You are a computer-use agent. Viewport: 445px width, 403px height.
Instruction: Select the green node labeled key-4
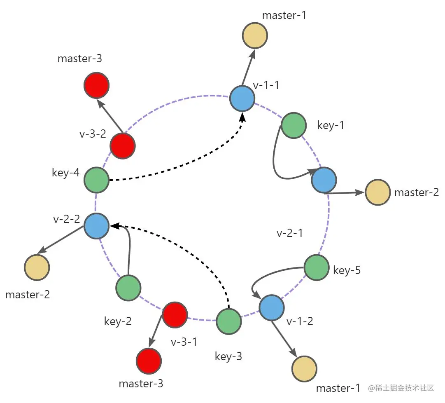[x=96, y=180]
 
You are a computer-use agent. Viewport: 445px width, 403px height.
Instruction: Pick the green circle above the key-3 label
[x=228, y=321]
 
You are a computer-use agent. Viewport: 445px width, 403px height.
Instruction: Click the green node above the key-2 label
[x=128, y=288]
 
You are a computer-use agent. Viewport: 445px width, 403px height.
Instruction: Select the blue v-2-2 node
[x=96, y=226]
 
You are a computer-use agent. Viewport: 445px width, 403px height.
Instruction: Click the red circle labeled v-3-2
[x=123, y=145]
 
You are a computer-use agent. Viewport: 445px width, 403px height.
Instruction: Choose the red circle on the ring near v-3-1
[x=175, y=315]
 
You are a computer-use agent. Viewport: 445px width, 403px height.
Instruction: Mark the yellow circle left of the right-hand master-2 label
[x=377, y=192]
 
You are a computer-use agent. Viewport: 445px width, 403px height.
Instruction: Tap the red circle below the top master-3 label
[x=96, y=85]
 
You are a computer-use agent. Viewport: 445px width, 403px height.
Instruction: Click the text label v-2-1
[x=290, y=233]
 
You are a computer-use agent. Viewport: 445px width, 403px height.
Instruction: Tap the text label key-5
[x=347, y=270]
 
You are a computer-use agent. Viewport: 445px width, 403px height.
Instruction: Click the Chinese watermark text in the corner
[x=401, y=388]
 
